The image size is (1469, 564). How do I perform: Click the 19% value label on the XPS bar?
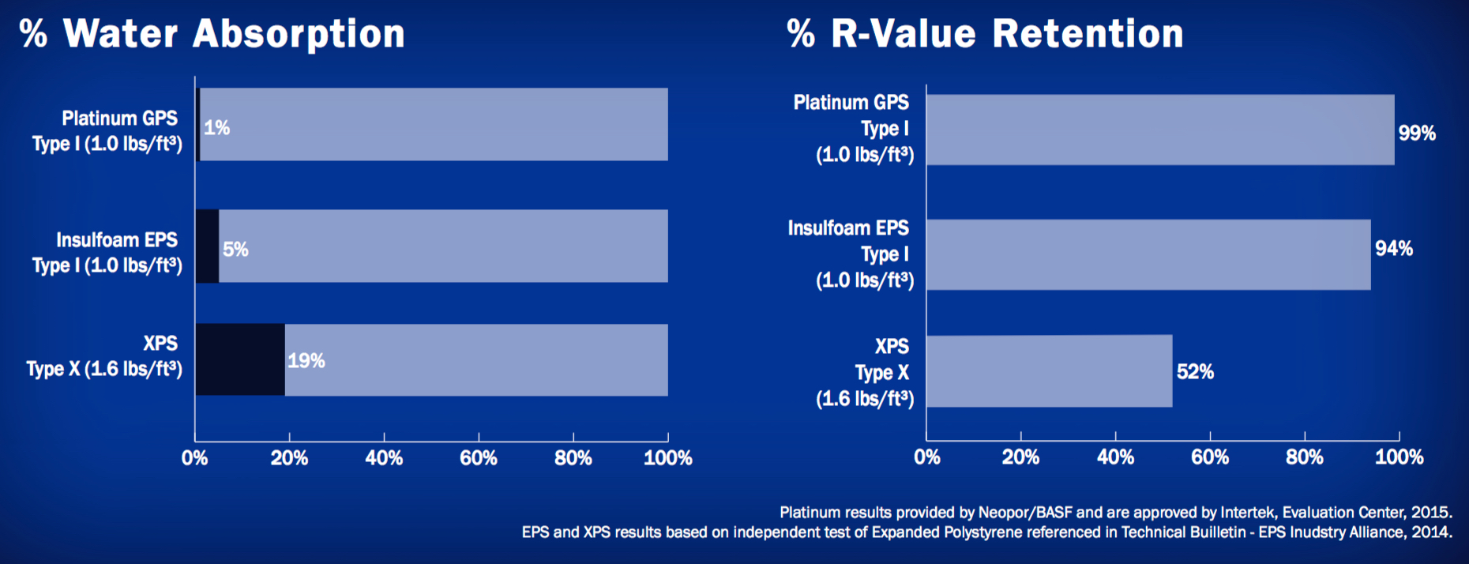(306, 361)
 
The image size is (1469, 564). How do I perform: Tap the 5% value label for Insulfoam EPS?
(235, 250)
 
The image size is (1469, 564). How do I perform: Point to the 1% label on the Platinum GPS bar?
(216, 128)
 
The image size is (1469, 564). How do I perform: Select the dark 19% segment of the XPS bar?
(240, 359)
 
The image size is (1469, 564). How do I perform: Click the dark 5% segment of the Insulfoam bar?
(207, 246)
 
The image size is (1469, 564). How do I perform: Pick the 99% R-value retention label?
(1417, 133)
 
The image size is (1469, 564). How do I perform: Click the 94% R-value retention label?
(1394, 248)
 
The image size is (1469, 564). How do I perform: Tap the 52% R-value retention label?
(1195, 371)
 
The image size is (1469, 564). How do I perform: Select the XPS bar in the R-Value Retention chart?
(1050, 371)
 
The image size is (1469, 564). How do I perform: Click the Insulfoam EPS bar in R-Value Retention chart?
(1149, 254)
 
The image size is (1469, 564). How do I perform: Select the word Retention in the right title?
(1088, 33)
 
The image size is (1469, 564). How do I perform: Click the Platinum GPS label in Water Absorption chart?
(120, 118)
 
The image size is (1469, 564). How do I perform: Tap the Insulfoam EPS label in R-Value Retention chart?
(848, 228)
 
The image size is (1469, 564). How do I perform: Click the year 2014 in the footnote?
(1431, 532)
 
